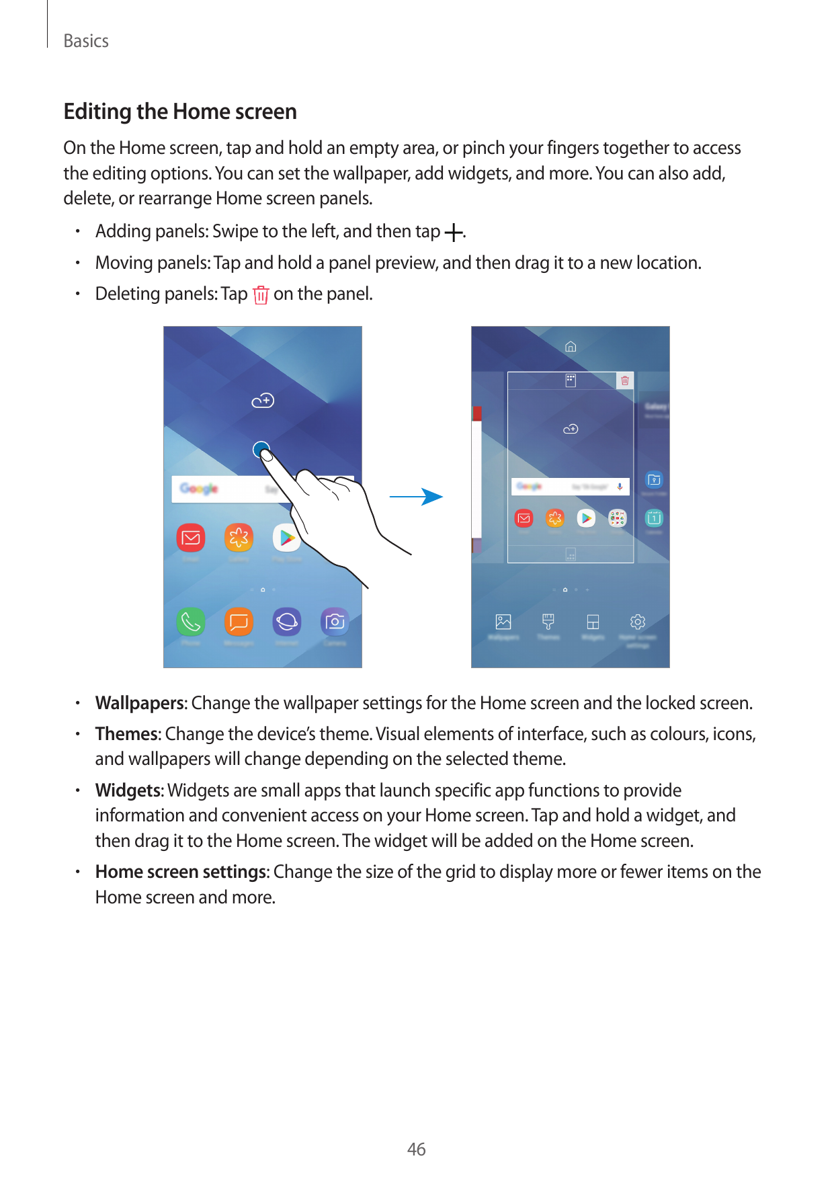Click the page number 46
416,1149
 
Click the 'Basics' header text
86,41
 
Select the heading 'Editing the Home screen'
180,112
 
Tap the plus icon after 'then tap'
454,233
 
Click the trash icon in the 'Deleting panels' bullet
261,295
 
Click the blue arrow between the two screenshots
416,497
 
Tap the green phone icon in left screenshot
190,622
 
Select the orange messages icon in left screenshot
239,622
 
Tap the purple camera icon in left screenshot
335,622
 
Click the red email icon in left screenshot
191,538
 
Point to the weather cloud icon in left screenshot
263,401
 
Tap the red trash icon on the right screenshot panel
625,381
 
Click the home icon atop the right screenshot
571,347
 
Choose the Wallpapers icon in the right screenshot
503,622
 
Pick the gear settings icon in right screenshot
638,622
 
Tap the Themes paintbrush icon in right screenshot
548,622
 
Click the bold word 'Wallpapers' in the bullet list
140,703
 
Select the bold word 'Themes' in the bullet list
126,734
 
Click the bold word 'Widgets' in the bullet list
129,790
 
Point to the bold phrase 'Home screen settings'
181,872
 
